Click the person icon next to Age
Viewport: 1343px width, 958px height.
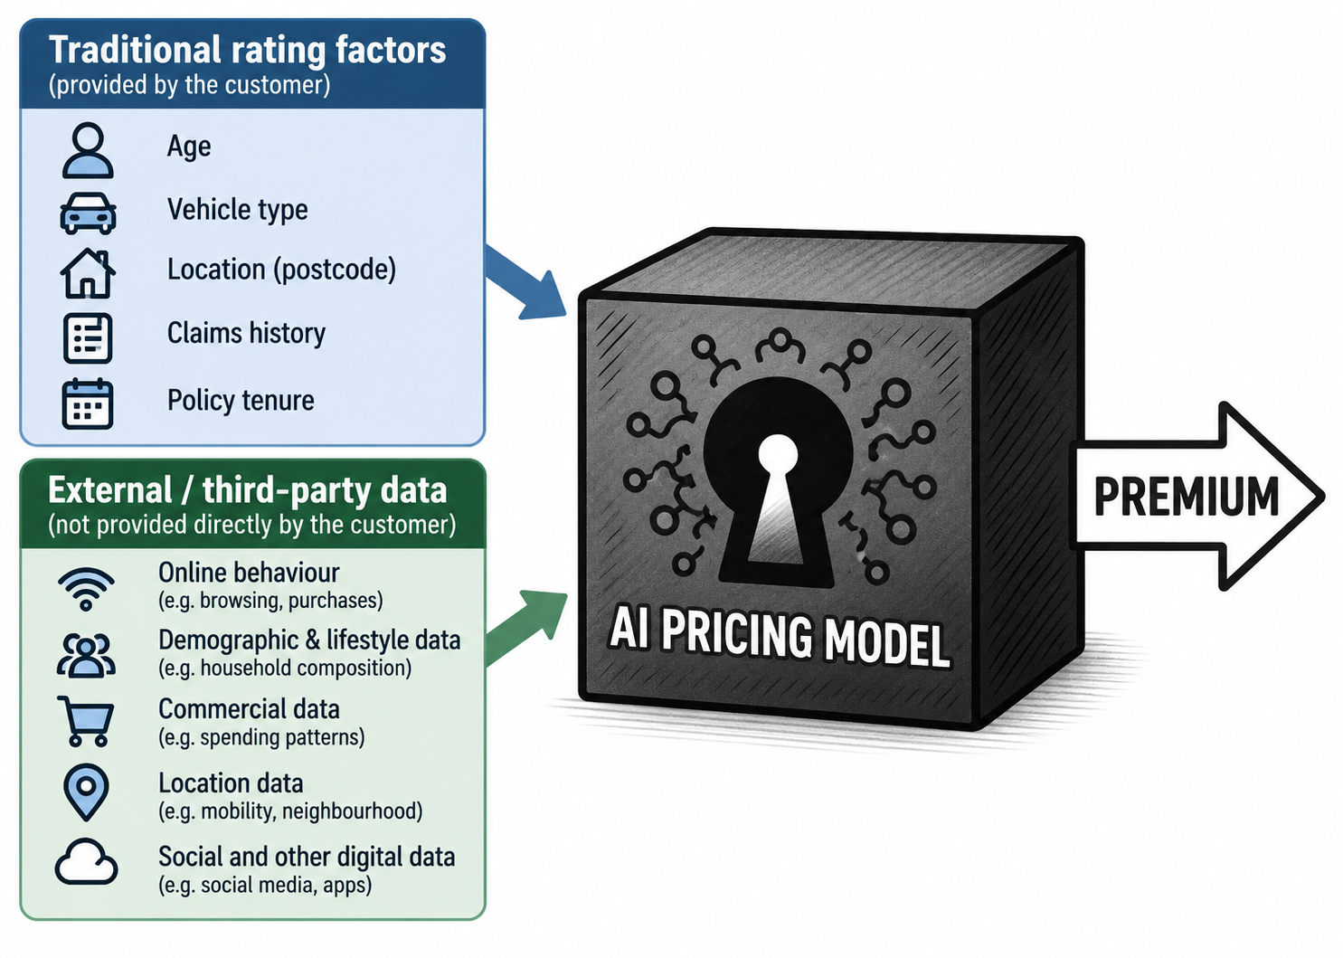pos(88,150)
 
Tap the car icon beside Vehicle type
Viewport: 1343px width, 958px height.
pos(88,213)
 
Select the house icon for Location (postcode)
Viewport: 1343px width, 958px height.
pos(88,273)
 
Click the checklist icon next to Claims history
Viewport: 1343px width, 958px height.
pos(88,338)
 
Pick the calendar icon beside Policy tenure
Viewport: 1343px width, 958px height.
pos(88,403)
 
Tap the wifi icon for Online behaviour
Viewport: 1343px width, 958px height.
pos(86,589)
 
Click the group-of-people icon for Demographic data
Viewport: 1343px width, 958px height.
pos(86,655)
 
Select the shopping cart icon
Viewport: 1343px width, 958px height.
pos(86,721)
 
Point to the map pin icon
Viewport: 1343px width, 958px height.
pos(86,792)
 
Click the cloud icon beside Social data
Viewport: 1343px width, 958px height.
pos(86,862)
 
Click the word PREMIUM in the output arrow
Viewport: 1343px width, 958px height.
pos(1186,497)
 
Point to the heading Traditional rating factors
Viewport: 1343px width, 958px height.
pos(247,50)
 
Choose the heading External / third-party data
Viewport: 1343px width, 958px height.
pos(247,490)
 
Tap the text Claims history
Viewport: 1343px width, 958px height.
pos(246,334)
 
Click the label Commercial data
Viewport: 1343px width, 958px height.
pos(249,709)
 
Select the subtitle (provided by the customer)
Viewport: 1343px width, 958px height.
pos(189,85)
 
